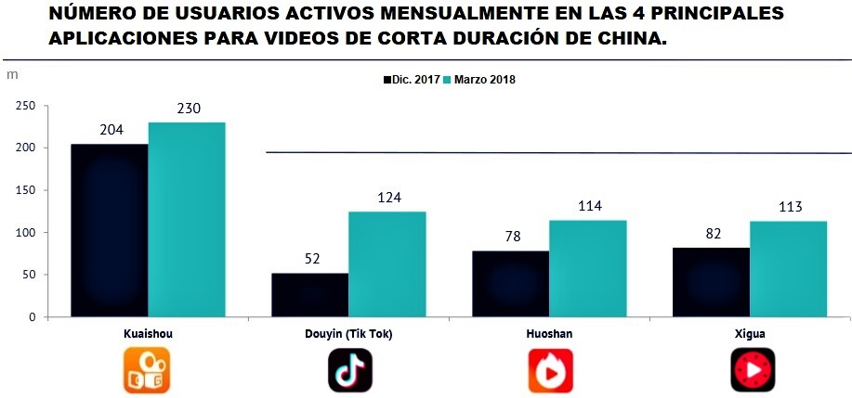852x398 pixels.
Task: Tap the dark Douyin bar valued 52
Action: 309,294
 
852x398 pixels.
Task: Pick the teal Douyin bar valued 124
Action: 387,263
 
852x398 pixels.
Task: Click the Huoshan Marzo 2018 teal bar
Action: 587,268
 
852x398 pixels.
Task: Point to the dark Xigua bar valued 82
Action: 711,282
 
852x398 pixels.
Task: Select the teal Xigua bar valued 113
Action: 788,268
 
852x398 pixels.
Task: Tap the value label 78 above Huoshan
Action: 511,238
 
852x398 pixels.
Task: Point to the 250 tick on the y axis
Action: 26,106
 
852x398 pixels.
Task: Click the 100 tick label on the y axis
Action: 26,233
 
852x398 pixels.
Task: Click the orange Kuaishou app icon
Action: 147,370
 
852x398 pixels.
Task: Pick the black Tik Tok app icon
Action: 349,370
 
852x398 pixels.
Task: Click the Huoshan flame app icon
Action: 550,370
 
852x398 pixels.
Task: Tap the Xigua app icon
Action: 752,370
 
